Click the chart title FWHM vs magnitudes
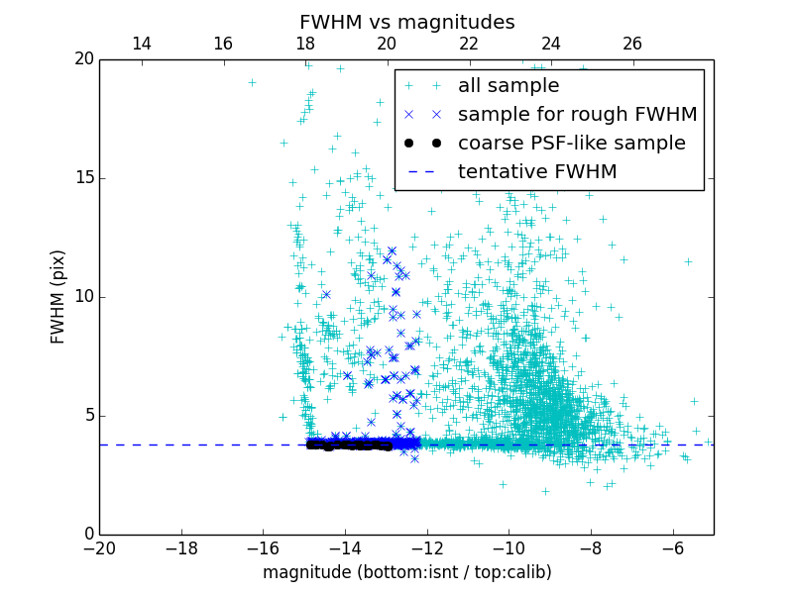tap(406, 22)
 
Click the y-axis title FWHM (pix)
tap(58, 297)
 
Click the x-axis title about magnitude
tap(406, 572)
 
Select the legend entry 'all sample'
tap(509, 86)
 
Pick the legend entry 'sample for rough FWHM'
tap(577, 115)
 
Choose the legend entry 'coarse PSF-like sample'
tap(571, 144)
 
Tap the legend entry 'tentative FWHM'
tap(537, 172)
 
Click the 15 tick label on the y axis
tap(83, 178)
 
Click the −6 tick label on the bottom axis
tap(672, 547)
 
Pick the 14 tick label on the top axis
tap(141, 44)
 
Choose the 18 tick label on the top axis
tap(305, 44)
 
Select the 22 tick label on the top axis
tap(469, 44)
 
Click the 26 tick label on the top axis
tap(632, 44)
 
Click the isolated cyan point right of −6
tap(688, 261)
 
